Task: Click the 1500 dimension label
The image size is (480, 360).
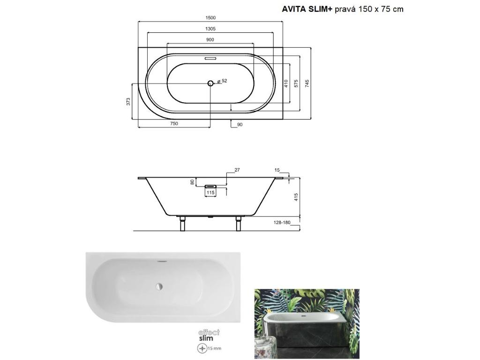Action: tap(210, 18)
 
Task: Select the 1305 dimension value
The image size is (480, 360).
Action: tap(210, 29)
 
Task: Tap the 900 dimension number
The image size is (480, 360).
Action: tap(210, 40)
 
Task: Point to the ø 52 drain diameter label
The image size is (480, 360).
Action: tap(223, 81)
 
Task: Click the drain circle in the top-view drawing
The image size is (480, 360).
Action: tap(210, 83)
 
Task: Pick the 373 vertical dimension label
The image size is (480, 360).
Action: tap(128, 101)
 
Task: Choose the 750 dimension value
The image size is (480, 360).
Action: tap(173, 124)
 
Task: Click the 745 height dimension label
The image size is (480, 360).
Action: tap(307, 83)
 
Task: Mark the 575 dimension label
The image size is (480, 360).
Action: tap(296, 83)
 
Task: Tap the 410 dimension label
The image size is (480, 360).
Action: tap(285, 83)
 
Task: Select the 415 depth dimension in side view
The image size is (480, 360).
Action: tap(296, 197)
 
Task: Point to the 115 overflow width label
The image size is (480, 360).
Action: tap(210, 192)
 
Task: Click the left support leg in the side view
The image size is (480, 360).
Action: tap(182, 224)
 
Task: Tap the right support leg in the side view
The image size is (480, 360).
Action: tap(239, 224)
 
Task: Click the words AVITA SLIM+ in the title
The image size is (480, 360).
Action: tap(307, 9)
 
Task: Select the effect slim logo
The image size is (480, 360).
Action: tap(209, 335)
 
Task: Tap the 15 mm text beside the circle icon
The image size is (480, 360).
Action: tap(214, 349)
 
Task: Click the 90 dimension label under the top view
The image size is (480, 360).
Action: tap(240, 124)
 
